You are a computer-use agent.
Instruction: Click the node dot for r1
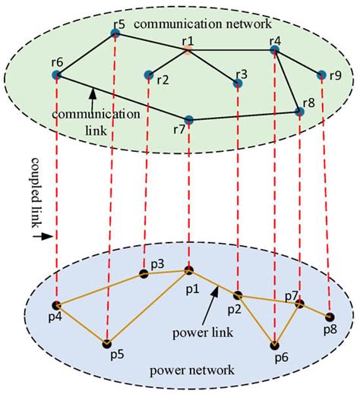coord(188,50)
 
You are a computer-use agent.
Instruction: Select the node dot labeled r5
coord(115,33)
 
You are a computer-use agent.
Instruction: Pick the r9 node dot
coord(321,74)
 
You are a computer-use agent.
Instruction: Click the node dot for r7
coord(188,120)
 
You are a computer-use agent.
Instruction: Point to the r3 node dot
coord(238,83)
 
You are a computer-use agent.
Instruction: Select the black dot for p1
coord(188,269)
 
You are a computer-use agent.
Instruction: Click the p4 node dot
coord(56,305)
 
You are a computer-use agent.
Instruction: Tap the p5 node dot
coord(107,343)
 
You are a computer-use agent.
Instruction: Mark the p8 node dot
coord(329,317)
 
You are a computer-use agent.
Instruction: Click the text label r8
coord(308,102)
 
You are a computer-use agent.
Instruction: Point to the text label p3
coord(157,263)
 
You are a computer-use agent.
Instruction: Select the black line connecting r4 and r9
coord(298,61)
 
